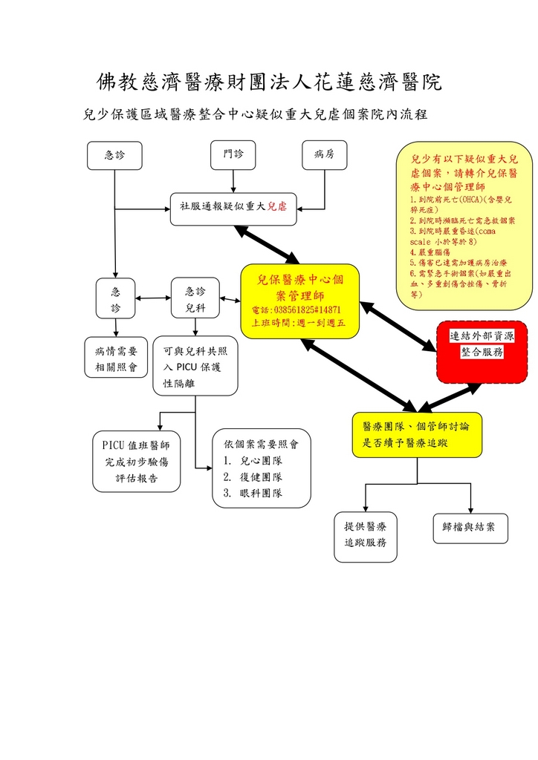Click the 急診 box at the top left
pos(114,155)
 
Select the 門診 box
pos(233,155)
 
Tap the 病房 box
pos(325,155)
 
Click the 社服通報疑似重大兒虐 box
pos(233,207)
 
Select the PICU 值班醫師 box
pos(137,462)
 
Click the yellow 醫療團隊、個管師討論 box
pos(416,434)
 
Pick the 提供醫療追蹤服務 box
pos(365,535)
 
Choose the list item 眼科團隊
pos(252,493)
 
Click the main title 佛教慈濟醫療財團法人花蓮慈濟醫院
pos(269,82)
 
